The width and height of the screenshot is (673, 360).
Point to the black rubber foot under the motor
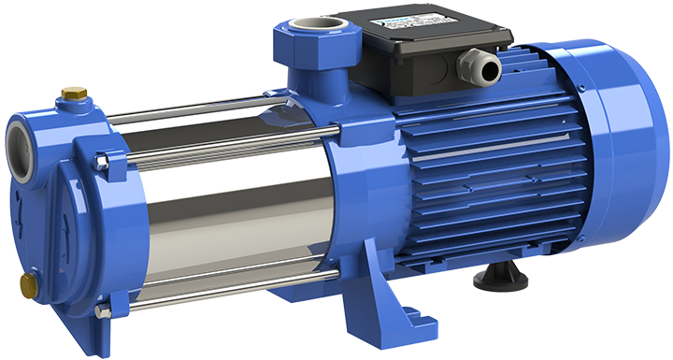(x=496, y=277)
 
